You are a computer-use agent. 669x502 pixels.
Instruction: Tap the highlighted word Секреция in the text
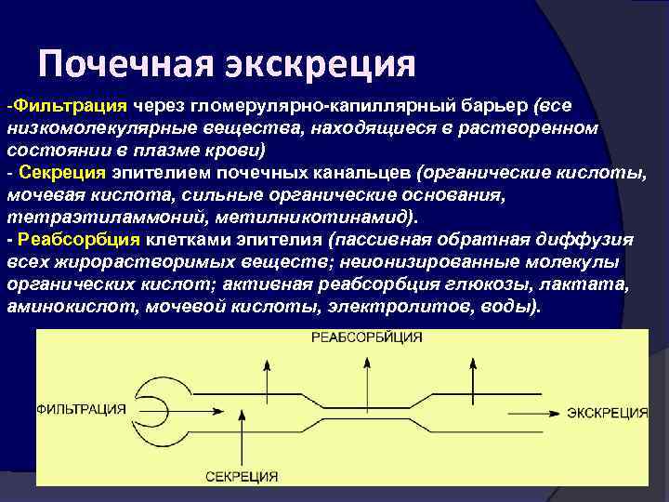61,174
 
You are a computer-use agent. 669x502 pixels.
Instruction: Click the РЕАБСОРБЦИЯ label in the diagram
367,336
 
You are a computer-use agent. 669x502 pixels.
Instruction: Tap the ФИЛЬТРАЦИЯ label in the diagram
82,410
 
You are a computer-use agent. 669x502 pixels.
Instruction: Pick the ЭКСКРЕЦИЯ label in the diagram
608,412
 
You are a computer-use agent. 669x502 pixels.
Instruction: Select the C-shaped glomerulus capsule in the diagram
158,409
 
